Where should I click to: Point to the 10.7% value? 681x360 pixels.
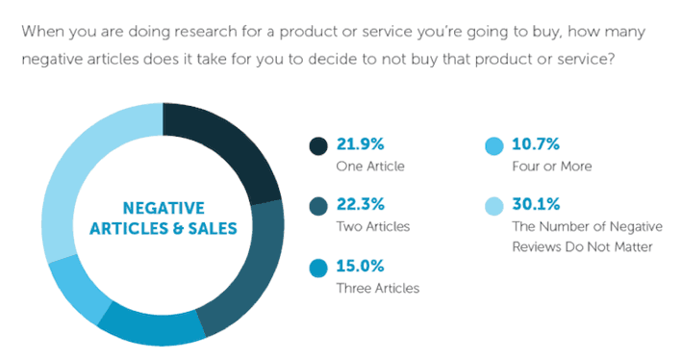pos(540,145)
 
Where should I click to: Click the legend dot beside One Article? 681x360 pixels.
pos(318,146)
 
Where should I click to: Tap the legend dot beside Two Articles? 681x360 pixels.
pos(318,207)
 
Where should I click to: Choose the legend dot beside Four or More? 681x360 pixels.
pos(493,146)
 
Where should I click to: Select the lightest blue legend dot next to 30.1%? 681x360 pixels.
pos(493,207)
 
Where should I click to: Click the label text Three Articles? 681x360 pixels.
pos(377,288)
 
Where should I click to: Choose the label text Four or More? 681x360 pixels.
pos(552,166)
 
